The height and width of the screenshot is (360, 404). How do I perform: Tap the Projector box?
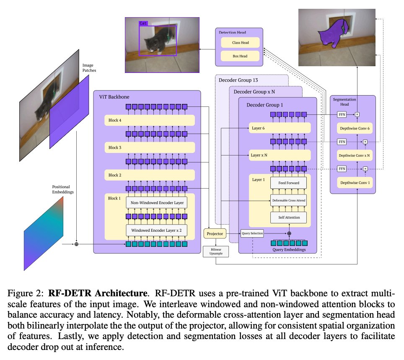(215, 233)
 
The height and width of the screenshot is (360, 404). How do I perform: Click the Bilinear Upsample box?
(216, 251)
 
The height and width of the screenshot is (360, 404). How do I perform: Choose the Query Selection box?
(252, 233)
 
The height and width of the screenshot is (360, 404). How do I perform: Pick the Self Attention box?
(288, 218)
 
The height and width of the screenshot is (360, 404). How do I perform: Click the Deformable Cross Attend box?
(288, 200)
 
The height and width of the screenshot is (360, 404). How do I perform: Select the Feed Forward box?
(288, 183)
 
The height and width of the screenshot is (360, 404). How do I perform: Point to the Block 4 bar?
(150, 121)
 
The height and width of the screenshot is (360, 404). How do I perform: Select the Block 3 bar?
(150, 148)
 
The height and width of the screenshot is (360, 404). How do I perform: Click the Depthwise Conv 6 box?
(355, 129)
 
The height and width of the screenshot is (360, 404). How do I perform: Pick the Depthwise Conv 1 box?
(355, 183)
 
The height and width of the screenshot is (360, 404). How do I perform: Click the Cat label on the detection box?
(143, 24)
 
